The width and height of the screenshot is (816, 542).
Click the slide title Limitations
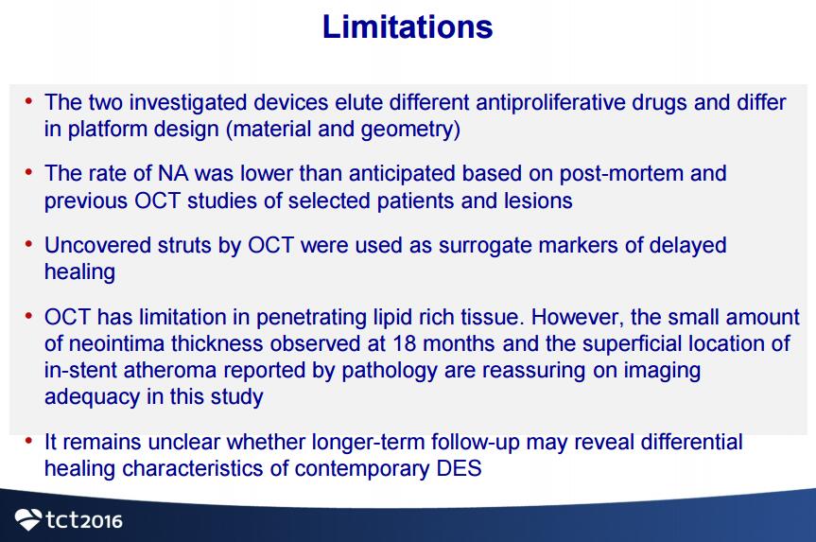(x=408, y=26)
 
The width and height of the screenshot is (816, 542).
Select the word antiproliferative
(x=550, y=102)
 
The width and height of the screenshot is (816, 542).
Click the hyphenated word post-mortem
(x=621, y=174)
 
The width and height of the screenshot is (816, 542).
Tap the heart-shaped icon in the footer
(x=28, y=519)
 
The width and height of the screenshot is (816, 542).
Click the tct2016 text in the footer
(x=84, y=520)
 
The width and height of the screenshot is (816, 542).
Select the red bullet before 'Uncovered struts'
(x=28, y=244)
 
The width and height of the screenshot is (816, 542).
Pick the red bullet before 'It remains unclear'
(x=28, y=441)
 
